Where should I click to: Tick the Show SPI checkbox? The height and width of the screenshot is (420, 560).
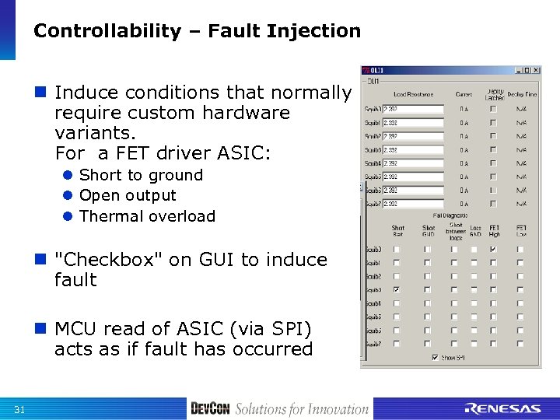click(x=435, y=358)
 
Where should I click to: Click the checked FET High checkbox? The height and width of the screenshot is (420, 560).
click(x=492, y=250)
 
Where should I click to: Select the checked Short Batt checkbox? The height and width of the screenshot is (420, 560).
click(x=397, y=289)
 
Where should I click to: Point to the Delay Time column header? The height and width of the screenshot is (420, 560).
click(x=522, y=95)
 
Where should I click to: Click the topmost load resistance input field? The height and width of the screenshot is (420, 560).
click(x=412, y=109)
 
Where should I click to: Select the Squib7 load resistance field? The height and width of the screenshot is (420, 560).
click(x=412, y=204)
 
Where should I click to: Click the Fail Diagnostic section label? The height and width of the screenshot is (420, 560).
click(x=450, y=214)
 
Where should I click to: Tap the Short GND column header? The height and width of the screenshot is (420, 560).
click(x=428, y=231)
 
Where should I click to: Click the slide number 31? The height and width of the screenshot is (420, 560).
click(x=19, y=410)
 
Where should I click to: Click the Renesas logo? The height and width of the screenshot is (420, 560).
click(x=502, y=409)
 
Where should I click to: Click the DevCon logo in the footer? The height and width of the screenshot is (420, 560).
click(x=210, y=409)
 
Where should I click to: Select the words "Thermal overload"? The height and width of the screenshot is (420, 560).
click(x=147, y=216)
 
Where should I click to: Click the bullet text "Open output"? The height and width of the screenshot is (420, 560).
click(x=128, y=196)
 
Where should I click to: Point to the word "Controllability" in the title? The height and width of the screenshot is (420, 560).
click(x=107, y=31)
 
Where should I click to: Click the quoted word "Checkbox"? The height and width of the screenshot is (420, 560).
click(x=104, y=260)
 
